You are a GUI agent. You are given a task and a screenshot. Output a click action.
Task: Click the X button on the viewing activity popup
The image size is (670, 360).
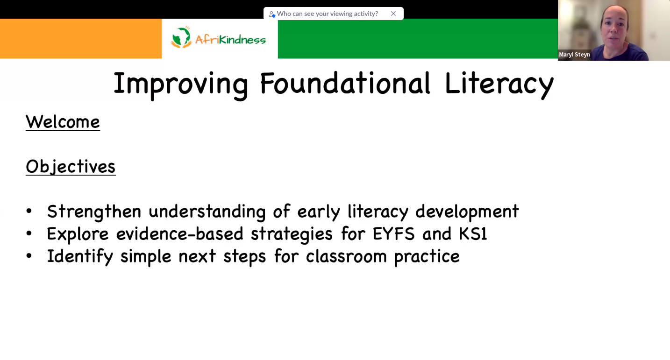393,14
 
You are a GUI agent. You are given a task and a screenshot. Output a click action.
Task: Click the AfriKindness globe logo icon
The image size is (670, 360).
181,37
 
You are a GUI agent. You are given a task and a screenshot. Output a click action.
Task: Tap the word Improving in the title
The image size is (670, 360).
181,85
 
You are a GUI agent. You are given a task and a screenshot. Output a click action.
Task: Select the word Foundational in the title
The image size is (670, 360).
345,83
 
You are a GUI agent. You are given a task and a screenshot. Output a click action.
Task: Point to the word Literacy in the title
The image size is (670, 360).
499,85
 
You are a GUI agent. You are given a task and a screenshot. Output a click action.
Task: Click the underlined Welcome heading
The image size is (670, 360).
63,122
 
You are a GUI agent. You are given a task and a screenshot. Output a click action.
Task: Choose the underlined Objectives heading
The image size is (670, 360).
71,166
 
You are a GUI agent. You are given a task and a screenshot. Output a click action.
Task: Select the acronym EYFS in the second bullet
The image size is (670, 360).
393,233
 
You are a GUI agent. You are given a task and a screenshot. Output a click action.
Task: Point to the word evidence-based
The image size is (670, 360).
179,233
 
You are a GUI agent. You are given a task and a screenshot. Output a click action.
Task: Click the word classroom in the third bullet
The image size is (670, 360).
346,256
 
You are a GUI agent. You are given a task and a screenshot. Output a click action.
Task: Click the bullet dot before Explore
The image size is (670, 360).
29,233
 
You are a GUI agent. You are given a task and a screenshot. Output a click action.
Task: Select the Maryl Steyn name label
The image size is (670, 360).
574,55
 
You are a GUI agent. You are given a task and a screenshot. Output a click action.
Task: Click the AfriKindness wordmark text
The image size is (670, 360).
230,40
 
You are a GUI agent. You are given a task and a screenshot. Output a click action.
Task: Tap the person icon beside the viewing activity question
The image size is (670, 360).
271,14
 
